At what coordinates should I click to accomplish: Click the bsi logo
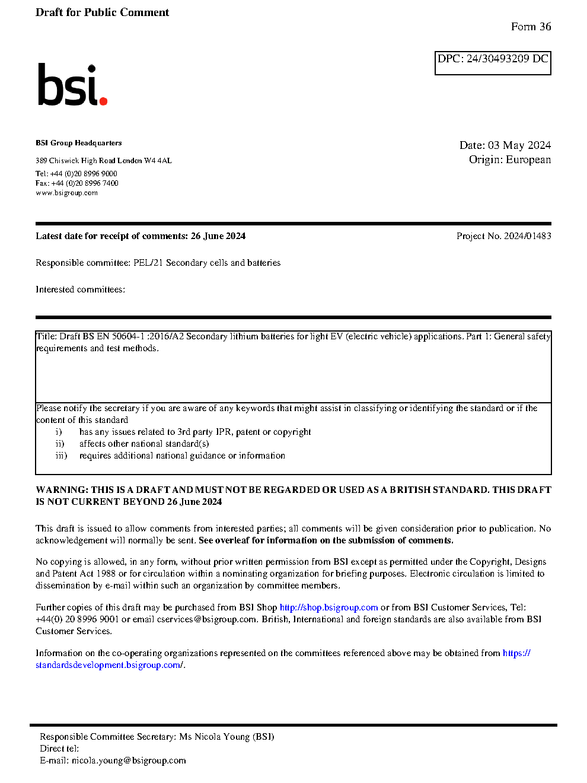72,85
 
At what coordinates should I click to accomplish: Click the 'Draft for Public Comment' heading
102,12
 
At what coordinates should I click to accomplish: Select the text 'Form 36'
531,27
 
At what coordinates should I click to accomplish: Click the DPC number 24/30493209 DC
507,59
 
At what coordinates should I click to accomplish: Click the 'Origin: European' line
509,160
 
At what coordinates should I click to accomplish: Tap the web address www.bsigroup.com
66,193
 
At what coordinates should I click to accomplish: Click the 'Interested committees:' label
80,289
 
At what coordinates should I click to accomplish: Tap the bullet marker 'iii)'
61,456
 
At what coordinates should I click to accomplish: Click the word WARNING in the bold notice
62,490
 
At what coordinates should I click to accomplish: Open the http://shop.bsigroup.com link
328,607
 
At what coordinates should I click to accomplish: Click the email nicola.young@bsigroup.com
129,760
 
